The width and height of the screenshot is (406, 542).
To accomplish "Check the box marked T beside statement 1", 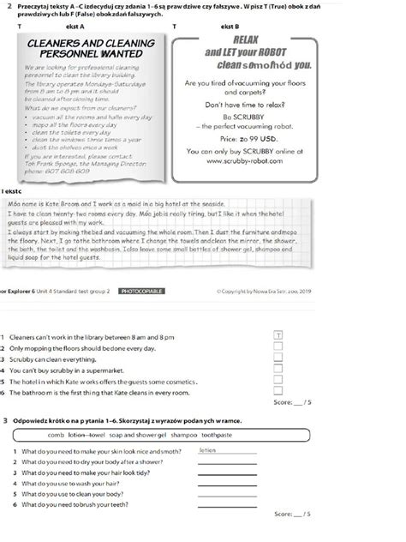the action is [x=278, y=334].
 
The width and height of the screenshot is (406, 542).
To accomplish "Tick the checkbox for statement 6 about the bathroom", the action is [x=278, y=392].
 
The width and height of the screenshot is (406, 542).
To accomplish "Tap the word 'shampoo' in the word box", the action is [x=182, y=435].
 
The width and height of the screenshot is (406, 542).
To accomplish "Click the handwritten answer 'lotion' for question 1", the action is [x=207, y=449].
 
